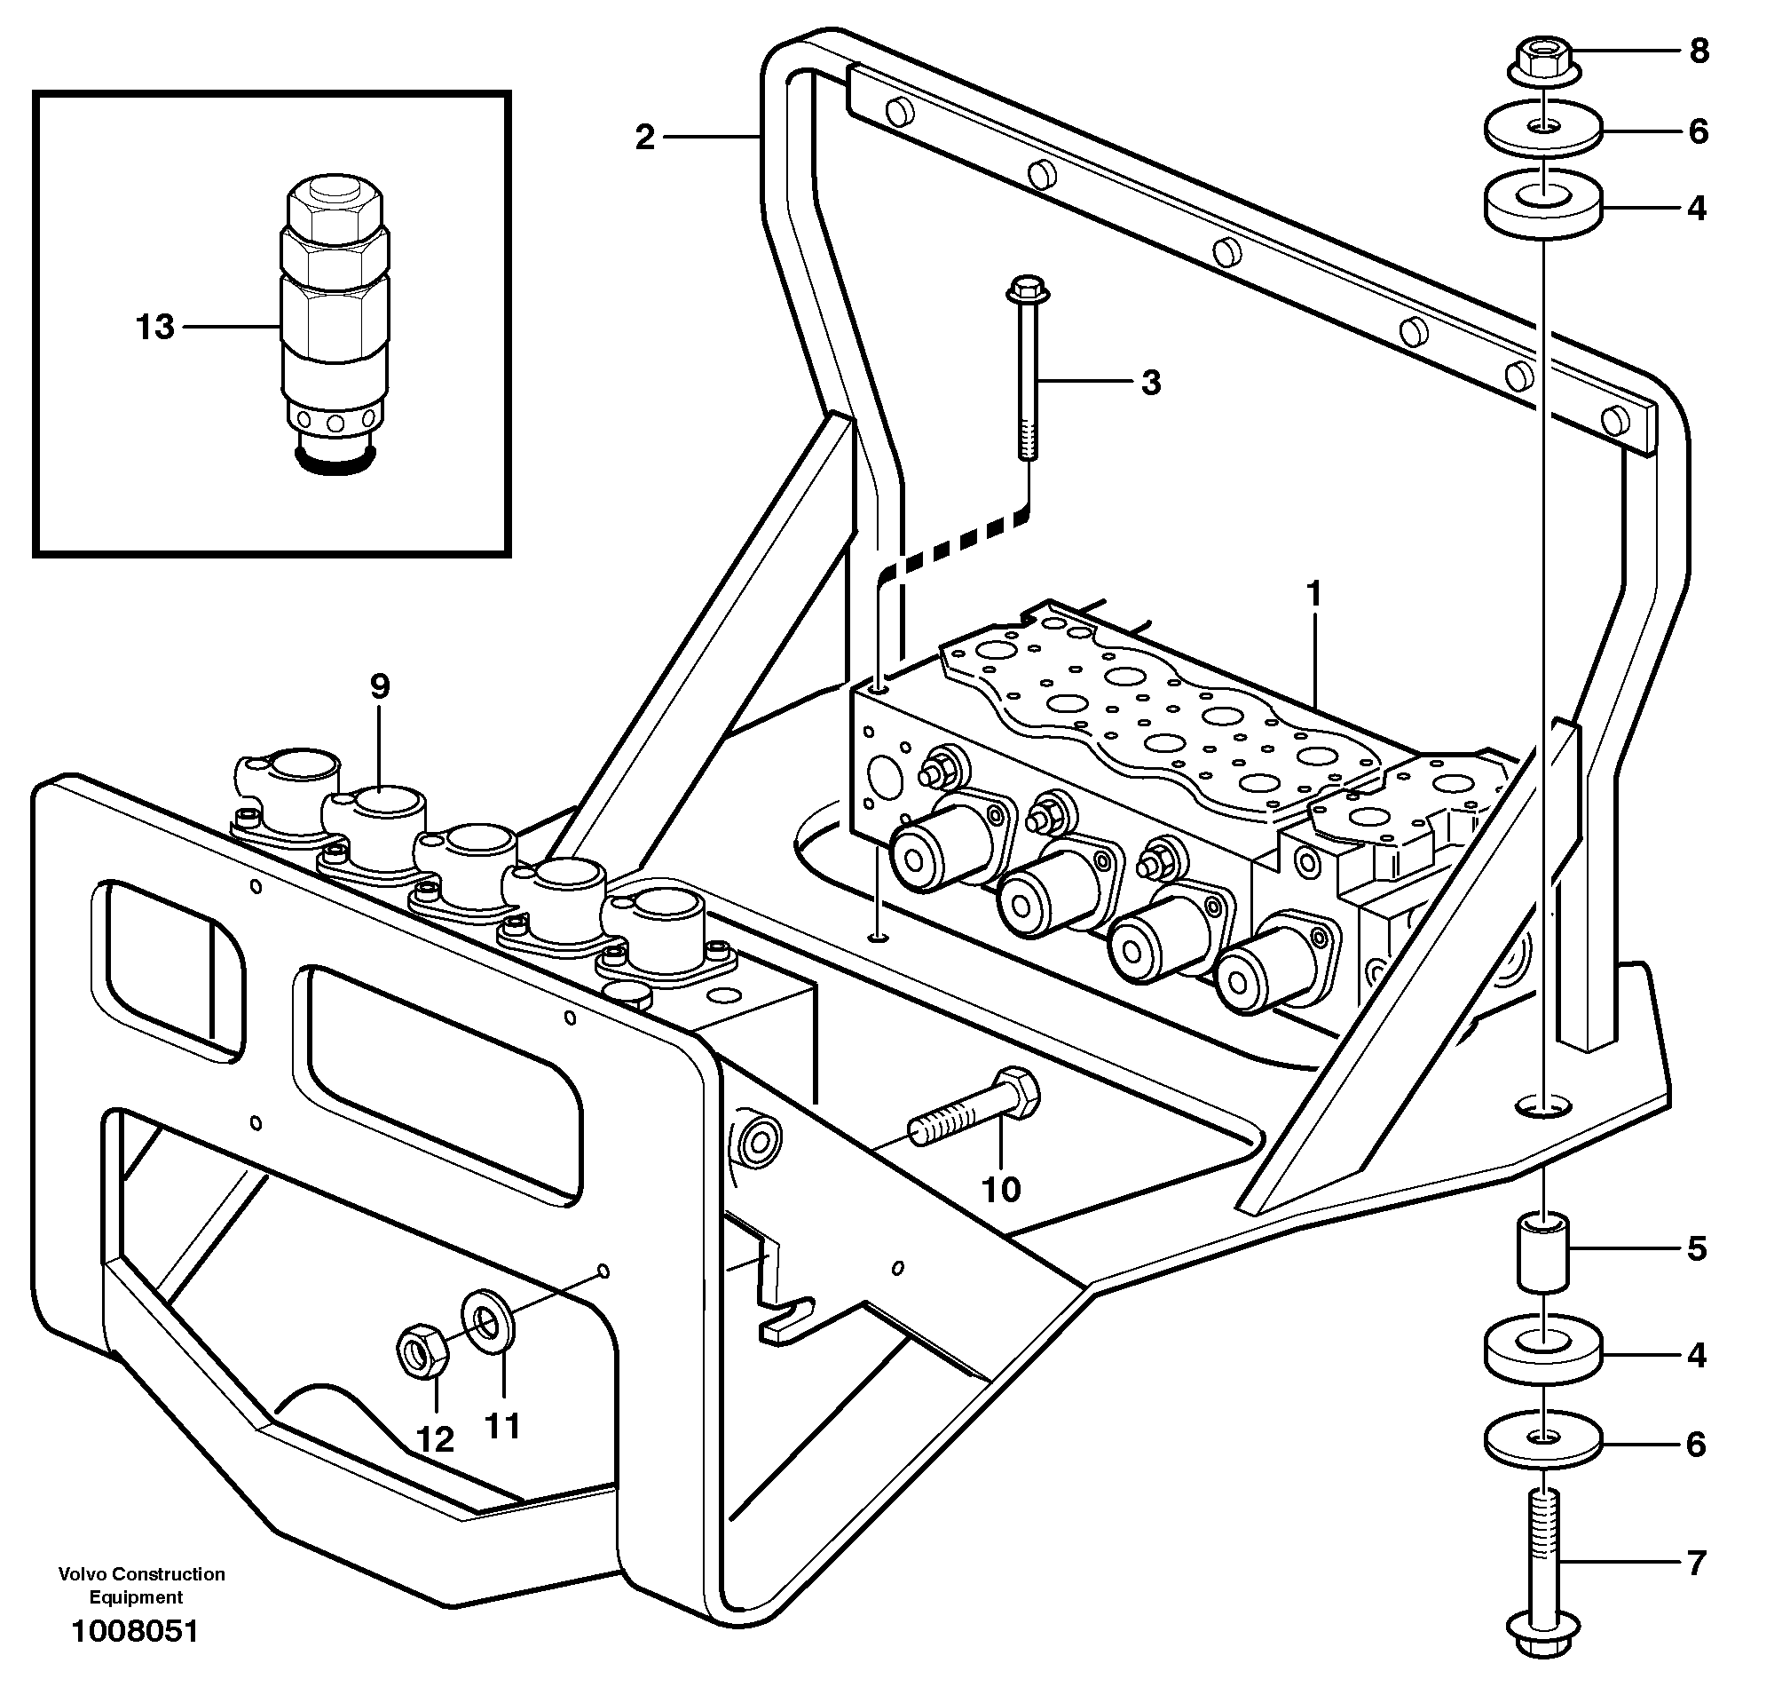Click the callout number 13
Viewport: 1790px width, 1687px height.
pos(155,327)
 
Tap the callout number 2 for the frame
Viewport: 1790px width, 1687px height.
pos(644,138)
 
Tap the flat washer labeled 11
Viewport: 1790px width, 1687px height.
pos(488,1322)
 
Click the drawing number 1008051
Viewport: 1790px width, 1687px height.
pos(135,1630)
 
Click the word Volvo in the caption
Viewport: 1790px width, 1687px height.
pos(82,1574)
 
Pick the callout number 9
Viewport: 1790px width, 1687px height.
pos(380,686)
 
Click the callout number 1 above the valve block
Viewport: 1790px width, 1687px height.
pos(1313,595)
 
